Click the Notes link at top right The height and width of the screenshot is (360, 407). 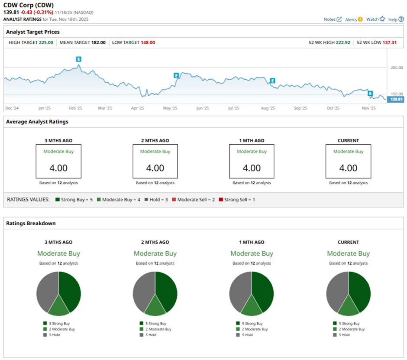tap(333, 19)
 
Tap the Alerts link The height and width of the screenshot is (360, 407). tap(354, 19)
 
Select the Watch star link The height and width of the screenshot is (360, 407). tap(375, 19)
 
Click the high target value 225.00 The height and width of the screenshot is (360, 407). tap(45, 42)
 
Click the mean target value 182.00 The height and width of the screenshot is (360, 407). tap(98, 42)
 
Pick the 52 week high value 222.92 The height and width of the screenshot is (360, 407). tap(341, 42)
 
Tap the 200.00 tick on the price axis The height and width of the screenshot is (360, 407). tap(397, 68)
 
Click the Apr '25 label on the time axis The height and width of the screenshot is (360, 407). tap(137, 108)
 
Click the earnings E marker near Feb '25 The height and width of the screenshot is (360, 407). tap(78, 59)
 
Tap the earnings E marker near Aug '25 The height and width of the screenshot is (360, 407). tap(273, 81)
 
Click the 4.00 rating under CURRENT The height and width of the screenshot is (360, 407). tap(348, 168)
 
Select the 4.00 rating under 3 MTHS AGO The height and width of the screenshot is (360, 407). tap(58, 168)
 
